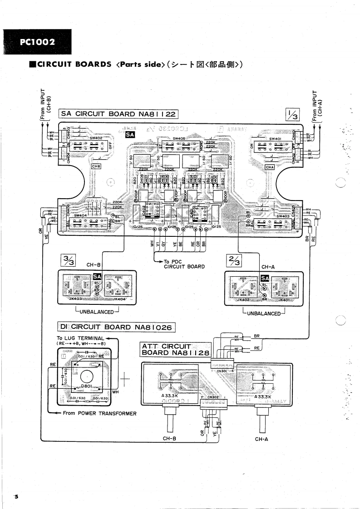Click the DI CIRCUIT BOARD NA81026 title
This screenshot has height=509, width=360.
pyautogui.click(x=116, y=326)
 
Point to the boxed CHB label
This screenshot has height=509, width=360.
pyautogui.click(x=96, y=166)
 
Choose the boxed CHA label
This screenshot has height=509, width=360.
pyautogui.click(x=270, y=167)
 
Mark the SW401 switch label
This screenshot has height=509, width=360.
pyautogui.click(x=276, y=139)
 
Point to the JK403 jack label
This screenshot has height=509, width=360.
pyautogui.click(x=73, y=299)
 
